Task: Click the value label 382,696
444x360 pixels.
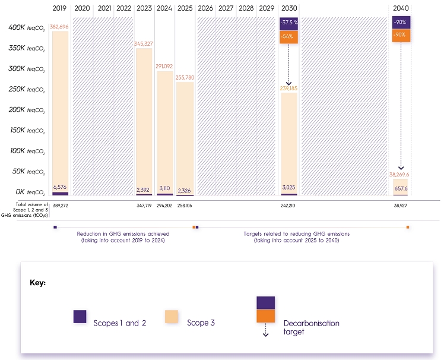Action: pyautogui.click(x=60, y=27)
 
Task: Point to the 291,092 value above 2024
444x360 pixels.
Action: pyautogui.click(x=164, y=67)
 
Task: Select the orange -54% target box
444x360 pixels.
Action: pyautogui.click(x=289, y=36)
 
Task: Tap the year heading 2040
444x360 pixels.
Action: pyautogui.click(x=401, y=9)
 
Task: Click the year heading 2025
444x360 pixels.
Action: pyautogui.click(x=185, y=9)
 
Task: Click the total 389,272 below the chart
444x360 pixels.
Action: pyautogui.click(x=60, y=205)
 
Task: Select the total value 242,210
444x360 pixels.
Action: pyautogui.click(x=289, y=205)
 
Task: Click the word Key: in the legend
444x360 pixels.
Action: pyautogui.click(x=38, y=283)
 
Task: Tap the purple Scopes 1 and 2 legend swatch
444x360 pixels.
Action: pyautogui.click(x=80, y=317)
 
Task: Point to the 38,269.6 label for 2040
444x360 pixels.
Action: pyautogui.click(x=401, y=175)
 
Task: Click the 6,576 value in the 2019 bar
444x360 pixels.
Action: pyautogui.click(x=60, y=187)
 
